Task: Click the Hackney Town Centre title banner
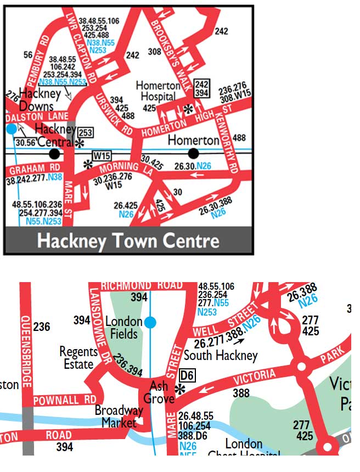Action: tap(128, 240)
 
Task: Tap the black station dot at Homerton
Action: tap(193, 153)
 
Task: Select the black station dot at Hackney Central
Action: tap(53, 153)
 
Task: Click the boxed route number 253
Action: tap(85, 133)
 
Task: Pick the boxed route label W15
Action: tap(102, 155)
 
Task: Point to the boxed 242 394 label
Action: tap(203, 88)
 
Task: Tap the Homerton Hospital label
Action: tap(158, 91)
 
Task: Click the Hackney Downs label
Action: tap(37, 99)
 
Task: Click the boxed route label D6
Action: tap(187, 377)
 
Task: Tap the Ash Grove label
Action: tap(159, 392)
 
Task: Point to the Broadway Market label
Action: tap(119, 417)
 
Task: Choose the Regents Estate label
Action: tap(79, 357)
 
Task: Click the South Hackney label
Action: tap(221, 355)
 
